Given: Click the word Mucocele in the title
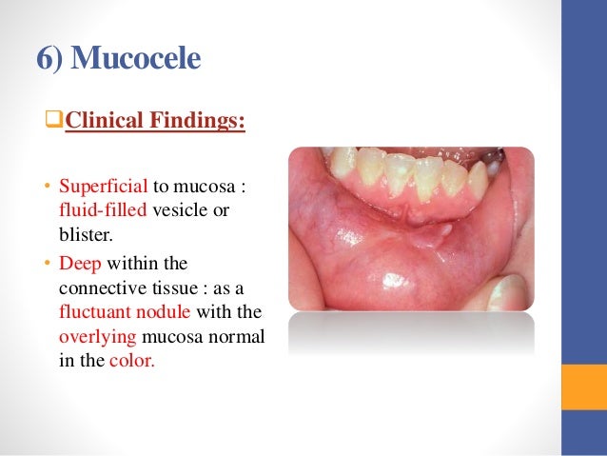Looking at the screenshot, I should tap(137, 59).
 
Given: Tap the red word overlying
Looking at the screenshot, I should tap(93, 336).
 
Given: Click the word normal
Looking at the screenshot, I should tap(241, 336).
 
